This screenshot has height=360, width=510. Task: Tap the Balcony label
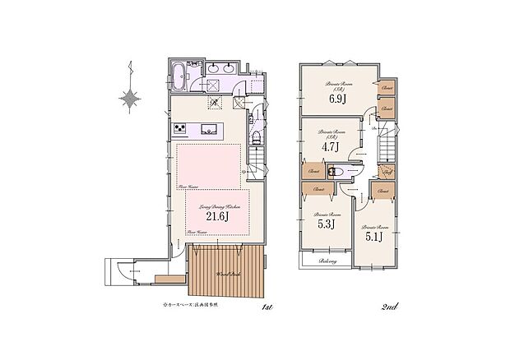point(317,261)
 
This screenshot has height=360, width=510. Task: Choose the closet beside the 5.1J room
point(381,191)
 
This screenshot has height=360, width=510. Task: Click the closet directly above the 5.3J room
point(318,189)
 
